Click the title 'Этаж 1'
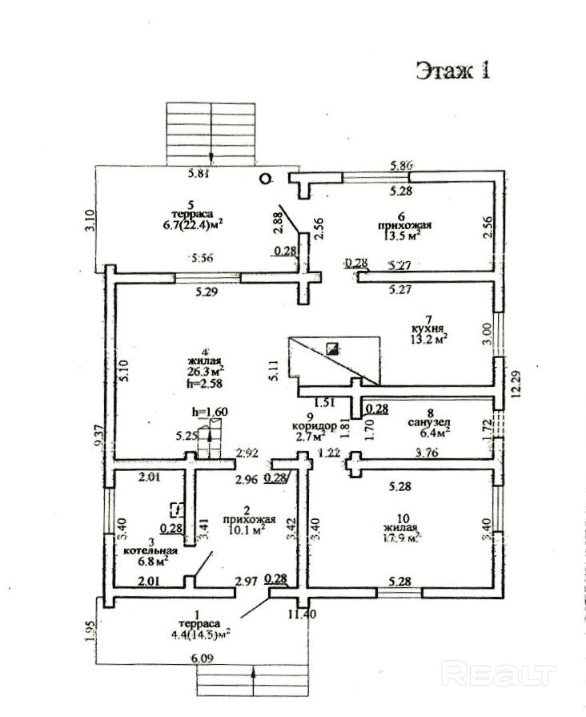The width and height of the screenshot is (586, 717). point(452,71)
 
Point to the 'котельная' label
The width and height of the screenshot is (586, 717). point(150,553)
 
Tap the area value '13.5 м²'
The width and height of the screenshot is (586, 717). point(400,236)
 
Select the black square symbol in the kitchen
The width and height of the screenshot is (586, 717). point(332,348)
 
